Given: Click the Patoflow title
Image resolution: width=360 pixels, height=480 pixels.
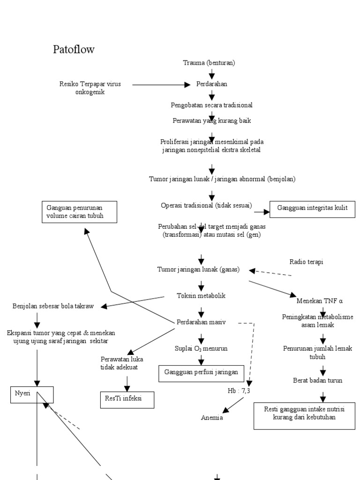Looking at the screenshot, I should pos(74,49).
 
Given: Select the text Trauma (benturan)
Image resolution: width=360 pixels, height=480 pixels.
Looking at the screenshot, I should pos(209,62).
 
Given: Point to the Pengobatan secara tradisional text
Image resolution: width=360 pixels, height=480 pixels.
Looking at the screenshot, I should pos(212,105).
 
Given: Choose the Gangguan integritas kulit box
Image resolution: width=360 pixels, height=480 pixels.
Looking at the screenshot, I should pos(312,209).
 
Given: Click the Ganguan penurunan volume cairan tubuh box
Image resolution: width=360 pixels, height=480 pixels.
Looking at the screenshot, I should pos(78,212).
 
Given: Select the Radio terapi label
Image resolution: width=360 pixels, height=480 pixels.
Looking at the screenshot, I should pos(306,262).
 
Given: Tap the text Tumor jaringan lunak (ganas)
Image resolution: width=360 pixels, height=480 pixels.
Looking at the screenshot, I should pos(198,270).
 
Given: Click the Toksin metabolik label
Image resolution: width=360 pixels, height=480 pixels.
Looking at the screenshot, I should pos(201,296).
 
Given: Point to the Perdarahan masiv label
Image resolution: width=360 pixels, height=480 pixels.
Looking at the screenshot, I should pos(201,322).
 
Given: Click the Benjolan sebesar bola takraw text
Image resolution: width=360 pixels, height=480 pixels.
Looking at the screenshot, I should pos(53,306).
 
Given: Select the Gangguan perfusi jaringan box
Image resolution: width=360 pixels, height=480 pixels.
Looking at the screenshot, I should pos(201,372).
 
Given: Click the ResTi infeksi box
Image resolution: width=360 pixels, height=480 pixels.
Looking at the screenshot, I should pos(127,398).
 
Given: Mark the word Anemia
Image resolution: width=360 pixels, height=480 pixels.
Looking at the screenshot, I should pos(212,417).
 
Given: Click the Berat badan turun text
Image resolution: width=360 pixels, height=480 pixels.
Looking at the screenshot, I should pos(317,380).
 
